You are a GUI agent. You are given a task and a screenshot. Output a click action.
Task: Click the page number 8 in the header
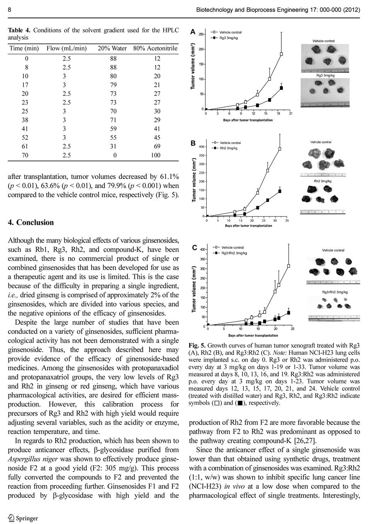point(9,10)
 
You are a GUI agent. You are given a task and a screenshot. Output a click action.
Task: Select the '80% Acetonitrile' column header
point(155,48)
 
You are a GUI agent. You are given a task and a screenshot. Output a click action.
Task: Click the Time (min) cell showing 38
point(26,120)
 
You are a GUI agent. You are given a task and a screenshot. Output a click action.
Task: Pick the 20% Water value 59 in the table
point(113,129)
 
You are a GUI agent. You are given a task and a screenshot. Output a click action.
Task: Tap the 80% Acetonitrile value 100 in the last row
point(155,155)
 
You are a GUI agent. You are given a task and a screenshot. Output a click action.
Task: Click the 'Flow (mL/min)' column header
point(66,48)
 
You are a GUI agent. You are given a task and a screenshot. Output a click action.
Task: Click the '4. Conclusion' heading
point(31,222)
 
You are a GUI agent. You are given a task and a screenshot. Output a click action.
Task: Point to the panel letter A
point(193,32)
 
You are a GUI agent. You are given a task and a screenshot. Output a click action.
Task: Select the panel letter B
point(193,143)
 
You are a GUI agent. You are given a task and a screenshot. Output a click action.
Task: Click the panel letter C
point(194,248)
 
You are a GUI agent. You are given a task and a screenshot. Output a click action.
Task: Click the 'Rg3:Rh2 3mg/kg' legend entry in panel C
point(234,253)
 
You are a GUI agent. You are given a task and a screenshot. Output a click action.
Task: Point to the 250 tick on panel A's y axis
point(201,34)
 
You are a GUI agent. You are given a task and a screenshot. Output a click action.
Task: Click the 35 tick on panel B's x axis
point(287,220)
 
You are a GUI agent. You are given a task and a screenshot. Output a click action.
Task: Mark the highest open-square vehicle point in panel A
point(281,54)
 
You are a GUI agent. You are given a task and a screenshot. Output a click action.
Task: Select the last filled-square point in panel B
point(280,191)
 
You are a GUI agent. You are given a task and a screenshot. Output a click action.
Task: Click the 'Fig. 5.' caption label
point(197,346)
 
